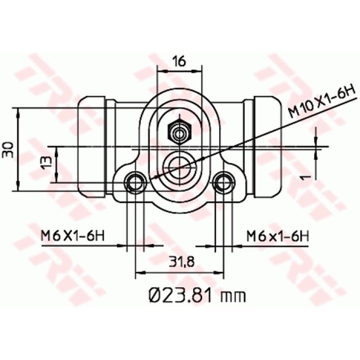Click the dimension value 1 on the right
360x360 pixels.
tap(306, 177)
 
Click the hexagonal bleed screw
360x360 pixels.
tap(180, 133)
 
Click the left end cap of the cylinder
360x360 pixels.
tap(92, 148)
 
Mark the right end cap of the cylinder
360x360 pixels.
tap(266, 148)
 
